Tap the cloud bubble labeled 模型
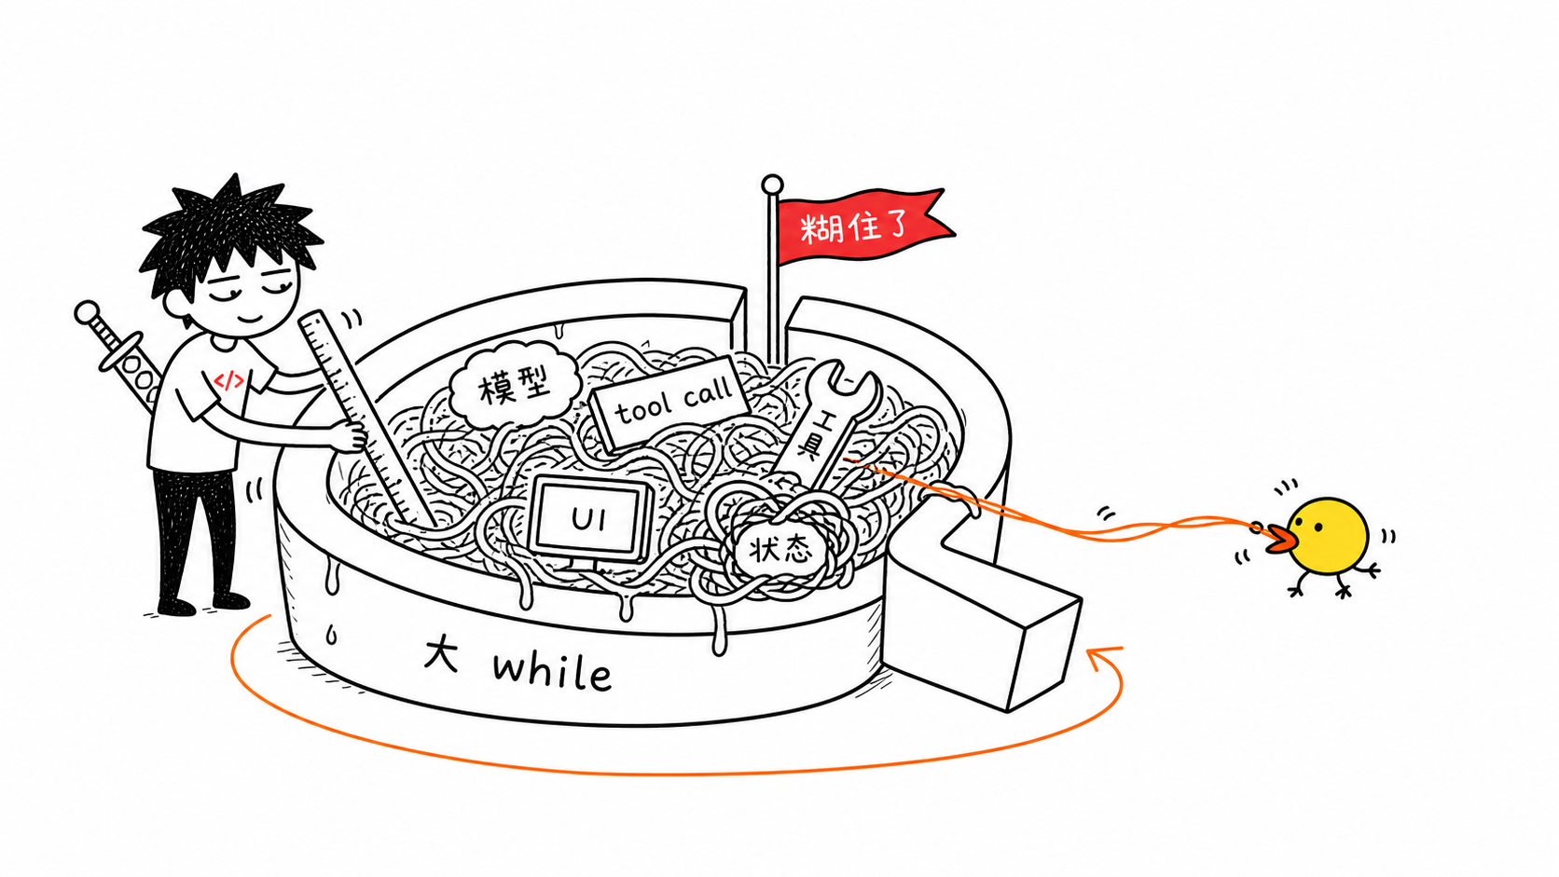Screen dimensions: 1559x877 pyautogui.click(x=515, y=385)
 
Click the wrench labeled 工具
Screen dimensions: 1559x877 pyautogui.click(x=825, y=423)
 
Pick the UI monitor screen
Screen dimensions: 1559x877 pyautogui.click(x=590, y=518)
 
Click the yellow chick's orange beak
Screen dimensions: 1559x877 pyautogui.click(x=1279, y=540)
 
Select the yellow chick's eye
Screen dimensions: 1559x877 pyautogui.click(x=1317, y=525)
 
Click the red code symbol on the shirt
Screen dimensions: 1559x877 pyautogui.click(x=229, y=380)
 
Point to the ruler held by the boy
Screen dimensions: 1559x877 pyautogui.click(x=366, y=418)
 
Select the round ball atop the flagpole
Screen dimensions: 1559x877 pyautogui.click(x=772, y=185)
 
